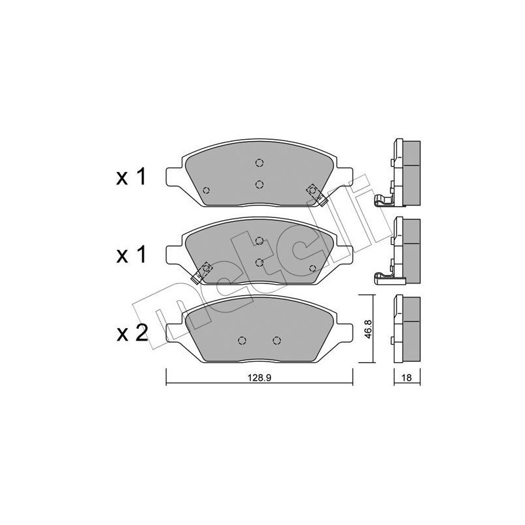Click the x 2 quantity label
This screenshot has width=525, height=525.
click(132, 335)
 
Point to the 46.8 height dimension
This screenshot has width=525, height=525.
click(369, 329)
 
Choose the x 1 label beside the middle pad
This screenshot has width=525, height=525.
click(132, 255)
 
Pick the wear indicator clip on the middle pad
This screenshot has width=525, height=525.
click(203, 271)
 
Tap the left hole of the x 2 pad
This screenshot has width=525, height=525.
click(241, 340)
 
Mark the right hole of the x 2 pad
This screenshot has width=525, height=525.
click(276, 340)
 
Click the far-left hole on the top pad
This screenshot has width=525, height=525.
click(207, 191)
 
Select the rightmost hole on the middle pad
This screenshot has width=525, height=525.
click(312, 268)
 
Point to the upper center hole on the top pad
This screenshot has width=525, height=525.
click(259, 164)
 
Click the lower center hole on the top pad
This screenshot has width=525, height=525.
click(259, 184)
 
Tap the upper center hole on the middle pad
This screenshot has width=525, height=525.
click(259, 241)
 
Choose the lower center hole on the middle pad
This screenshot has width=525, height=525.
click(259, 262)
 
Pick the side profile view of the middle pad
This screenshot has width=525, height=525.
click(405, 249)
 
